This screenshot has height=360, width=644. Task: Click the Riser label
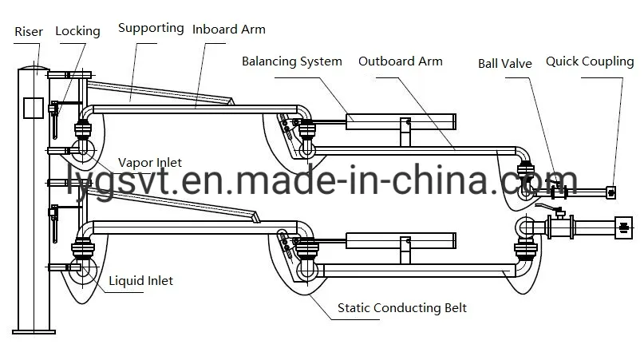click(x=29, y=32)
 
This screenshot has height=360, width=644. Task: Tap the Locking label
click(x=77, y=31)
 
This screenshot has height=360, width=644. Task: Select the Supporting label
click(x=151, y=28)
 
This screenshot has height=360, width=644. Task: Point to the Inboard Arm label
click(x=229, y=30)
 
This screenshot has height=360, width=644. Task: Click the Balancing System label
click(x=292, y=61)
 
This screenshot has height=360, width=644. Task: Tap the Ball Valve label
click(x=504, y=63)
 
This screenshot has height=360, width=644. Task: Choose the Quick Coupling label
click(x=590, y=61)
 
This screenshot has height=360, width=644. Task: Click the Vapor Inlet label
click(x=150, y=163)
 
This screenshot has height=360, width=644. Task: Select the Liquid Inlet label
click(x=140, y=281)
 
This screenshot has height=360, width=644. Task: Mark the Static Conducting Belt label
click(x=401, y=307)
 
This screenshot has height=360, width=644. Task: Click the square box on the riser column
click(x=32, y=108)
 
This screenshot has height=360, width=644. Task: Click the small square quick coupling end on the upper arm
click(x=611, y=192)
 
